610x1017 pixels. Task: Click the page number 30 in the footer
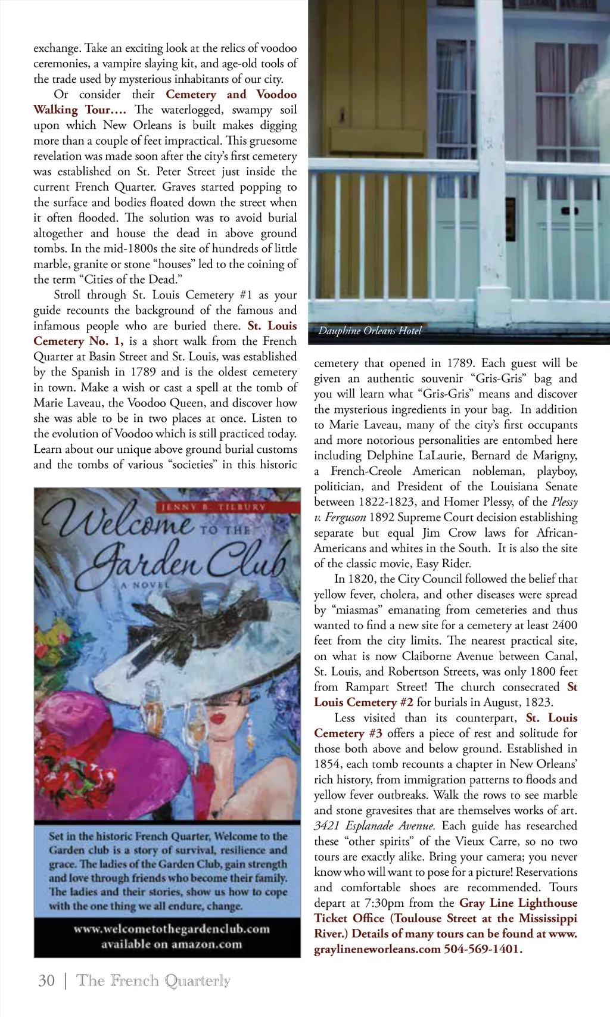click(46, 981)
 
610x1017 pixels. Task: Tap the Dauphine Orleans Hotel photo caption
click(369, 331)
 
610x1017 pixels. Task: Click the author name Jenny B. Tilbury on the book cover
click(212, 507)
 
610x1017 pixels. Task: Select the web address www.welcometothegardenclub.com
click(172, 929)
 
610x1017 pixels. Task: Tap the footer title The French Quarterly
click(153, 981)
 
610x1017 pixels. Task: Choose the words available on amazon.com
click(172, 944)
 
